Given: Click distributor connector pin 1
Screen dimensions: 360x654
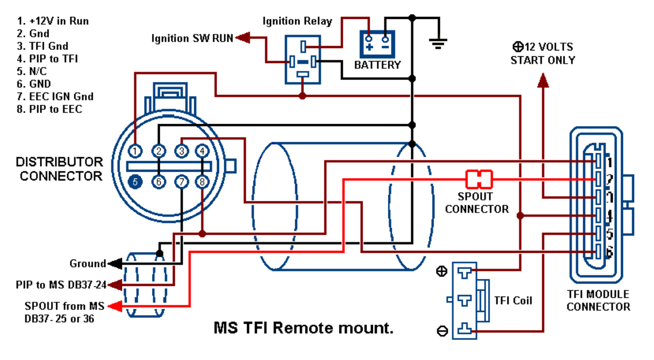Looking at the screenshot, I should pyautogui.click(x=136, y=151).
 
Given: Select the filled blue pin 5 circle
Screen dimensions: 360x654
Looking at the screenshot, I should pyautogui.click(x=136, y=182).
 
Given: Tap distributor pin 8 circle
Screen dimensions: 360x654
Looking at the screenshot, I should pyautogui.click(x=202, y=182).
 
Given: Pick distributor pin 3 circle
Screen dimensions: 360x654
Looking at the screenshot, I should pyautogui.click(x=181, y=151).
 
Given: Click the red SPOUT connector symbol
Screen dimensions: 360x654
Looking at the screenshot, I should pyautogui.click(x=479, y=179).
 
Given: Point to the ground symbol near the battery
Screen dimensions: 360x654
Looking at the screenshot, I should pyautogui.click(x=438, y=44).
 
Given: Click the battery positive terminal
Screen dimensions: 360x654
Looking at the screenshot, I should pyautogui.click(x=369, y=38).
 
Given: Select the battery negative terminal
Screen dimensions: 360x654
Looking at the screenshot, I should pyautogui.click(x=386, y=38).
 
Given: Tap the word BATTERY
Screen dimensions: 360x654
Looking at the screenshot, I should pyautogui.click(x=377, y=65).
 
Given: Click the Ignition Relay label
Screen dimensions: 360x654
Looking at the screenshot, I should pyautogui.click(x=297, y=21).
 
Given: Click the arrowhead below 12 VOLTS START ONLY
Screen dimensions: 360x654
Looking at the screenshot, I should pyautogui.click(x=543, y=80).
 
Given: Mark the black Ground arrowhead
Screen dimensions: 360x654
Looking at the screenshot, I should pyautogui.click(x=115, y=263).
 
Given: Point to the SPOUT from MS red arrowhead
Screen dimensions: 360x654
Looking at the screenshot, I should pyautogui.click(x=115, y=306).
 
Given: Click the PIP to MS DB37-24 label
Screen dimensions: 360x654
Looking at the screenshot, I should pyautogui.click(x=60, y=285).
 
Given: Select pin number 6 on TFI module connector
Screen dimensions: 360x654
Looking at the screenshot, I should pyautogui.click(x=609, y=252).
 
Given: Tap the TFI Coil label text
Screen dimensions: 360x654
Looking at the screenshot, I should pyautogui.click(x=513, y=301).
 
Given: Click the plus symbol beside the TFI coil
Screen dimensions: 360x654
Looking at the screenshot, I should pyautogui.click(x=442, y=272).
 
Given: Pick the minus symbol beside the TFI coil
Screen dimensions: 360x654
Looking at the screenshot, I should pyautogui.click(x=442, y=331).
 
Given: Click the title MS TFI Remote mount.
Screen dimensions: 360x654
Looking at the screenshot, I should pyautogui.click(x=303, y=328).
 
